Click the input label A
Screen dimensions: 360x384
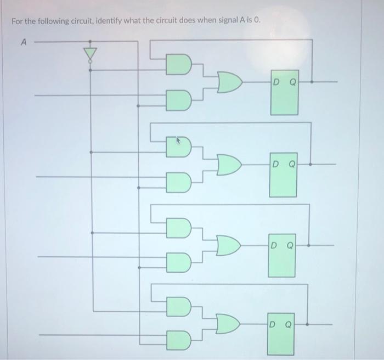[x=24, y=41]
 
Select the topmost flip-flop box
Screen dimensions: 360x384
[x=284, y=92]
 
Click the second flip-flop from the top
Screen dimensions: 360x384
[x=283, y=175]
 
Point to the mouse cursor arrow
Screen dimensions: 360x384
[x=178, y=141]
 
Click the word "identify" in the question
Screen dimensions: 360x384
[x=109, y=21]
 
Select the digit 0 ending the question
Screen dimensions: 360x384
[x=257, y=21]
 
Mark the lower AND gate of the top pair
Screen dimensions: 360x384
[x=179, y=100]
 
